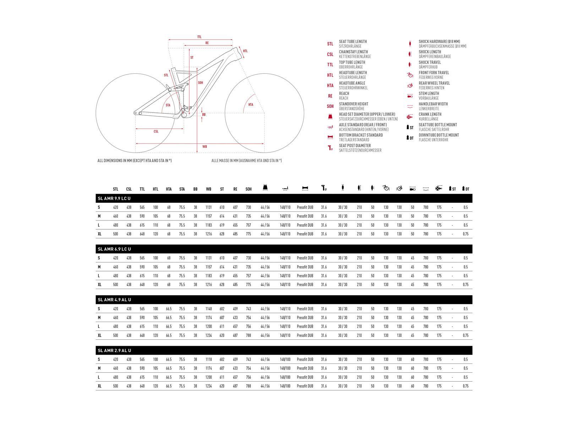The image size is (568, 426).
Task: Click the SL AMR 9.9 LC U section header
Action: coord(114,198)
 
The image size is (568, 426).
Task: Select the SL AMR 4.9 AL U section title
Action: coord(114,300)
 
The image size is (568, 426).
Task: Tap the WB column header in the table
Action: coord(208,189)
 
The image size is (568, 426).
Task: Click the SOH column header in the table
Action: coord(248,189)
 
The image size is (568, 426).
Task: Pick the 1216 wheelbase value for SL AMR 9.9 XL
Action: coord(208,234)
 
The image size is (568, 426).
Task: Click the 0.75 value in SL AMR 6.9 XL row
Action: coord(465,285)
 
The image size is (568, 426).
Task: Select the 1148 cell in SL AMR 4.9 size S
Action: coord(208,309)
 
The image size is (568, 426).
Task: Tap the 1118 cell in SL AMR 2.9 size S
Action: coord(208,360)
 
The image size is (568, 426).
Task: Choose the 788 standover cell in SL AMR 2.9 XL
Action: coord(248,386)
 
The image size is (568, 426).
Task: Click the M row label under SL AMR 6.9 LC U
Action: coord(99,267)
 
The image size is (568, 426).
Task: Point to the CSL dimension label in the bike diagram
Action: coord(156,132)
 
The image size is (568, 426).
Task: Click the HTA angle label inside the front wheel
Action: coord(251,105)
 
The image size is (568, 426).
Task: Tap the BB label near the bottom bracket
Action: coord(204,115)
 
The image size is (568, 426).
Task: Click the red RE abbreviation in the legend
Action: coord(330,96)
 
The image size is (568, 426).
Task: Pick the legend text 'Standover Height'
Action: coord(353,104)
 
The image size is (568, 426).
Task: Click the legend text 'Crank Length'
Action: coord(430,114)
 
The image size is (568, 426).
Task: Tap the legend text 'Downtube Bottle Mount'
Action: coord(438,135)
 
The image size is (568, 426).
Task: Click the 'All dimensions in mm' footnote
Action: coord(135,161)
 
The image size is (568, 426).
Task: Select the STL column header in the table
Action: coord(115,189)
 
